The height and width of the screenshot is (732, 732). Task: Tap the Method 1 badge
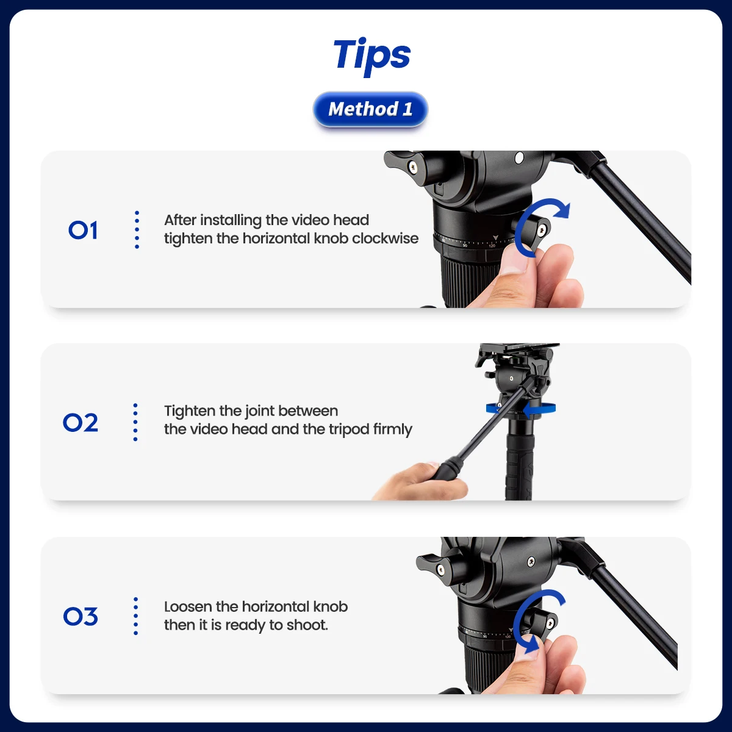pyautogui.click(x=370, y=109)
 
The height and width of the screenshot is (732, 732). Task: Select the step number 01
pyautogui.click(x=83, y=230)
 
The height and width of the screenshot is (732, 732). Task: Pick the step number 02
pyautogui.click(x=81, y=422)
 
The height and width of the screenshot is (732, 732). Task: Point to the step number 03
pyautogui.click(x=81, y=616)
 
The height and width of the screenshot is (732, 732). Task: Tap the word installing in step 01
pyautogui.click(x=231, y=220)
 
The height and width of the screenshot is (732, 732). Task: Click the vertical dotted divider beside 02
pyautogui.click(x=135, y=422)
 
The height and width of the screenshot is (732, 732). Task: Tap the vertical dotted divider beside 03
pyautogui.click(x=135, y=616)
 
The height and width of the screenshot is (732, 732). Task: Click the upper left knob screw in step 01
pyautogui.click(x=412, y=166)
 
